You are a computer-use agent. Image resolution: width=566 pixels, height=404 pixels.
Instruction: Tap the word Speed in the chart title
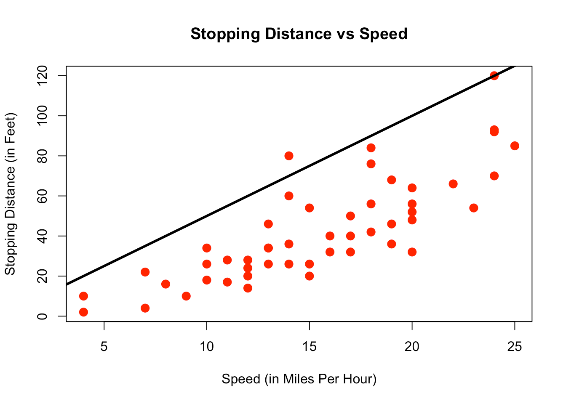383,34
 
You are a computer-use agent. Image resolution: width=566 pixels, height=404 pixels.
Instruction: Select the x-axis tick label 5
104,347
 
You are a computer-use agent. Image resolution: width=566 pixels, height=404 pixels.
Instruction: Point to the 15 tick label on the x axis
309,347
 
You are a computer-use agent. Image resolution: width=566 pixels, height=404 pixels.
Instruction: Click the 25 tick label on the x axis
515,347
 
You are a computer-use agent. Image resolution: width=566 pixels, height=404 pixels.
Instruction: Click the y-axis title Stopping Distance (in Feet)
10,194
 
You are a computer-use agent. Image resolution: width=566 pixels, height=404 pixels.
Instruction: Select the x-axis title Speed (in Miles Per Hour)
299,379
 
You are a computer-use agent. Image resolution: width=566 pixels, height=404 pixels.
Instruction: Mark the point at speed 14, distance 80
289,156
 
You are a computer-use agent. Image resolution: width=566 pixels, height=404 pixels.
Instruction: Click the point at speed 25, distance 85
515,146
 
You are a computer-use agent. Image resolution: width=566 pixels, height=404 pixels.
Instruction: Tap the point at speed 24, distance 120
494,76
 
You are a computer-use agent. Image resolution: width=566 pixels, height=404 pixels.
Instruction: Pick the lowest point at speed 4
83,312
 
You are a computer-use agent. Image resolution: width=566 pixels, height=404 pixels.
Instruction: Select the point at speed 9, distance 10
186,296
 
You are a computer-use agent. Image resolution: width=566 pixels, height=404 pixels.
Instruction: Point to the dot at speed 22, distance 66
453,184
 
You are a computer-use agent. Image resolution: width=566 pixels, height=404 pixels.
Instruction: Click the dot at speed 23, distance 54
474,208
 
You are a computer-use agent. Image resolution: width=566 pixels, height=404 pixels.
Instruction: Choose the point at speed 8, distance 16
166,284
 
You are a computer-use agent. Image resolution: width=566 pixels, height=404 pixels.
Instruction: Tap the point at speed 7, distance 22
145,272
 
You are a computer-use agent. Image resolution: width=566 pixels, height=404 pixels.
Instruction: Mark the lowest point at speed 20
412,252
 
